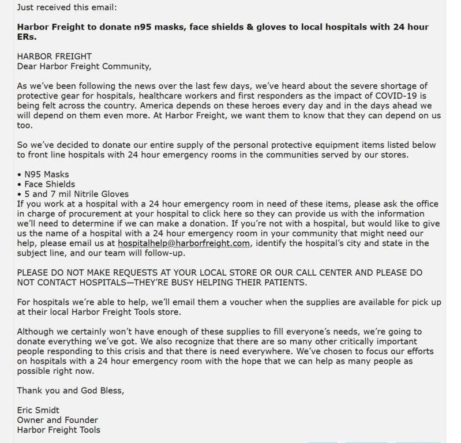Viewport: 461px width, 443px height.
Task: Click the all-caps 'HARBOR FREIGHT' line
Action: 54,57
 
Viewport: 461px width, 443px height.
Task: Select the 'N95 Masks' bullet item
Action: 46,174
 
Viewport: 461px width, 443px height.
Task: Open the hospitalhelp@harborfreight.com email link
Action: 183,243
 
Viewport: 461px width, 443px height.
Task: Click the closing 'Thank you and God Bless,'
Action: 70,390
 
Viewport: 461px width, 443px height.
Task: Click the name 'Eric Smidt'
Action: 38,410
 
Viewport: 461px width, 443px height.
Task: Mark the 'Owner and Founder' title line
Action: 57,419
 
